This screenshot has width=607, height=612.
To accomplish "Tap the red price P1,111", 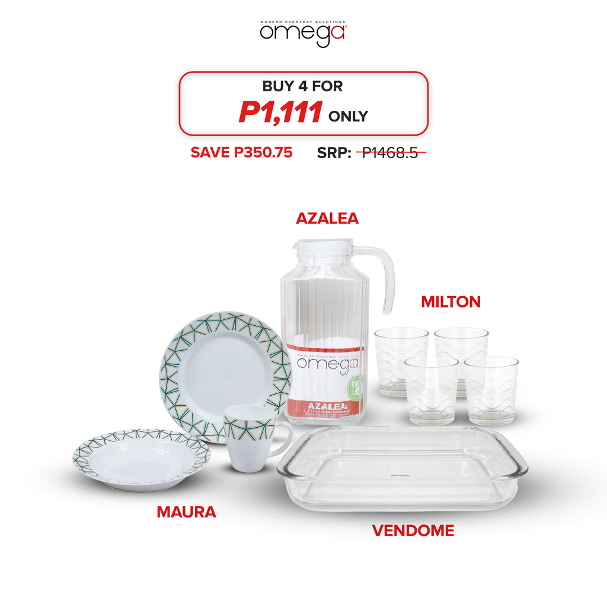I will point(280,113).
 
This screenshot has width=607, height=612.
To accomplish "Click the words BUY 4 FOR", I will point(302,86).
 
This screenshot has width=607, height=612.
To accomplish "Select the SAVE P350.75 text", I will point(241,152).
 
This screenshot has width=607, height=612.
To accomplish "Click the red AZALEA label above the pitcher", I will point(327,219).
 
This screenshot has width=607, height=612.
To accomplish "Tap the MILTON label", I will point(451,302).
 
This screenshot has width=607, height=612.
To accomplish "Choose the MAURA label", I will point(186,512).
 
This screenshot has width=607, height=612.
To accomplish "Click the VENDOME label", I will point(413,531).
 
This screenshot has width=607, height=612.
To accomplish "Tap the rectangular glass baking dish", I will point(402,469).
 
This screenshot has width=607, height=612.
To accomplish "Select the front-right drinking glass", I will point(491,390).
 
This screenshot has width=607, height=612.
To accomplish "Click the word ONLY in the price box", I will point(348,116).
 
